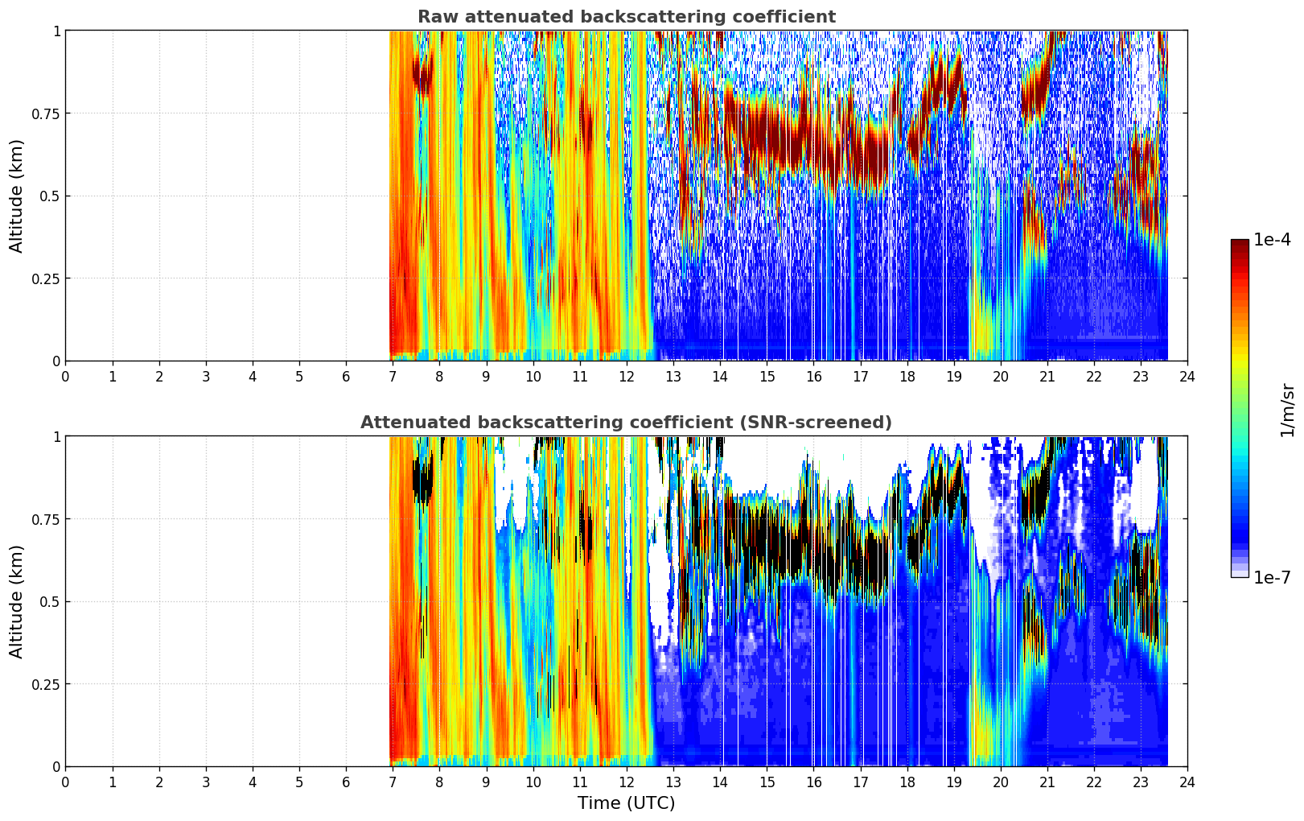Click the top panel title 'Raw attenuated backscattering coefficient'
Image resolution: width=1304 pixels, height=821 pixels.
click(x=627, y=16)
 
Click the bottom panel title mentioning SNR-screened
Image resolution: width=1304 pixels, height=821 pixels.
click(x=627, y=422)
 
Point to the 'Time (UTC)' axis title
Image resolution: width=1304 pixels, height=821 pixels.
click(x=627, y=803)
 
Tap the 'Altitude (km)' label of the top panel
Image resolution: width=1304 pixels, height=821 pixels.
click(x=16, y=196)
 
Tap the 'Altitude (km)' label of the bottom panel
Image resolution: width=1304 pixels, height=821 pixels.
click(x=16, y=602)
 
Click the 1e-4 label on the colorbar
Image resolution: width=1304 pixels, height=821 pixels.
click(x=1272, y=239)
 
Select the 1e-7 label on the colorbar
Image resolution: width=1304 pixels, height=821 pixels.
click(x=1272, y=578)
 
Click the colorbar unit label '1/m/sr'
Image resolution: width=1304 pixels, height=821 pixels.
click(x=1288, y=410)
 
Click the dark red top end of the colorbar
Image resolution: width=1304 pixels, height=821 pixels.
click(x=1240, y=242)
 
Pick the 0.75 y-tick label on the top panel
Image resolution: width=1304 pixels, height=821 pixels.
click(x=45, y=114)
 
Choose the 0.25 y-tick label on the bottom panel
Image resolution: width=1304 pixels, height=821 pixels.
click(x=45, y=685)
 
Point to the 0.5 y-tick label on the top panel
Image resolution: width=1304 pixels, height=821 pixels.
click(x=50, y=197)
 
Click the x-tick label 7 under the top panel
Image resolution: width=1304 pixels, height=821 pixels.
click(x=393, y=377)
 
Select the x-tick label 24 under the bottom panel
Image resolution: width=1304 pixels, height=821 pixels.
click(x=1187, y=782)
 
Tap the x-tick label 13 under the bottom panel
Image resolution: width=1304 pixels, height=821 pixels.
click(x=673, y=782)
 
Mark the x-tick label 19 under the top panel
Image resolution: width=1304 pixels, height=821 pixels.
click(x=953, y=377)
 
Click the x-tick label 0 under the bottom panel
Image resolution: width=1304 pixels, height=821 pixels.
click(x=65, y=782)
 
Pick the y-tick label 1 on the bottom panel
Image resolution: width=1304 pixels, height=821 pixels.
click(x=56, y=437)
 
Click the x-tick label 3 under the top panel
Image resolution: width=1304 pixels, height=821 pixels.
click(x=205, y=377)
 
